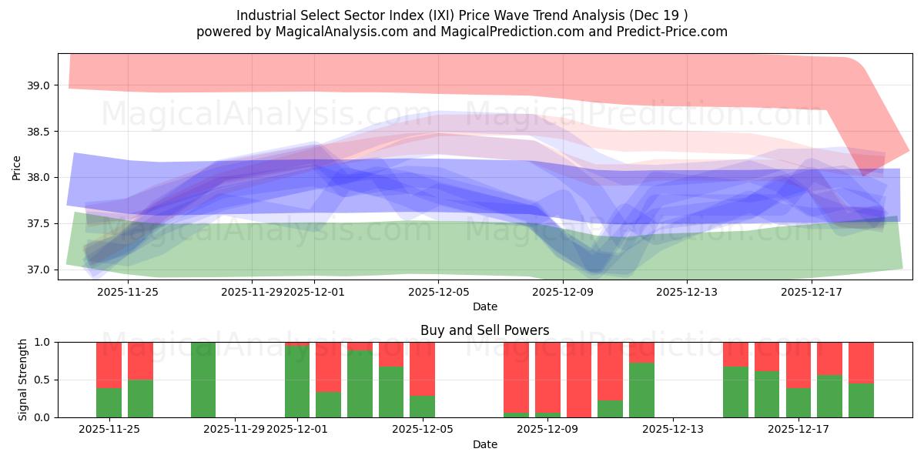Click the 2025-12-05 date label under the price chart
(438, 292)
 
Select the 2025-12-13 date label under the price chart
(687, 292)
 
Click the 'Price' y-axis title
(16, 167)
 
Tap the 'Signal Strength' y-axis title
(23, 379)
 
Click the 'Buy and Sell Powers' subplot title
(484, 330)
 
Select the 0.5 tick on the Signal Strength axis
(42, 380)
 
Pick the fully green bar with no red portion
(203, 380)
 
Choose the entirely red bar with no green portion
(579, 380)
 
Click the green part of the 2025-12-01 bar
(297, 382)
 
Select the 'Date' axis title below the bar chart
(484, 444)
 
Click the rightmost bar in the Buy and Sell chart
(861, 380)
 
